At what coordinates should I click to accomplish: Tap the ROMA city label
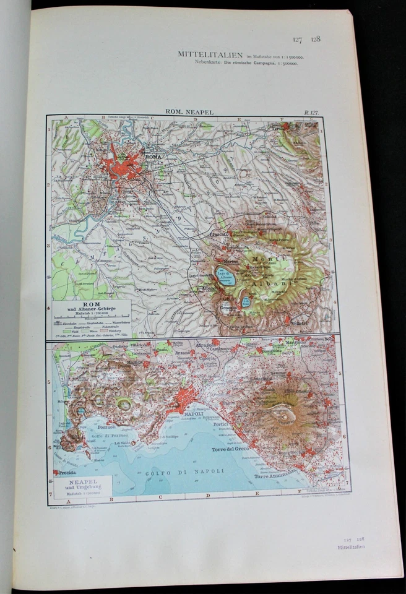[x=152, y=157]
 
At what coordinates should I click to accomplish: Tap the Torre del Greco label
[x=230, y=450]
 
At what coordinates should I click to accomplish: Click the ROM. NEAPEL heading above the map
[x=189, y=112]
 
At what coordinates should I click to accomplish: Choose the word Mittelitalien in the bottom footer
[x=351, y=547]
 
